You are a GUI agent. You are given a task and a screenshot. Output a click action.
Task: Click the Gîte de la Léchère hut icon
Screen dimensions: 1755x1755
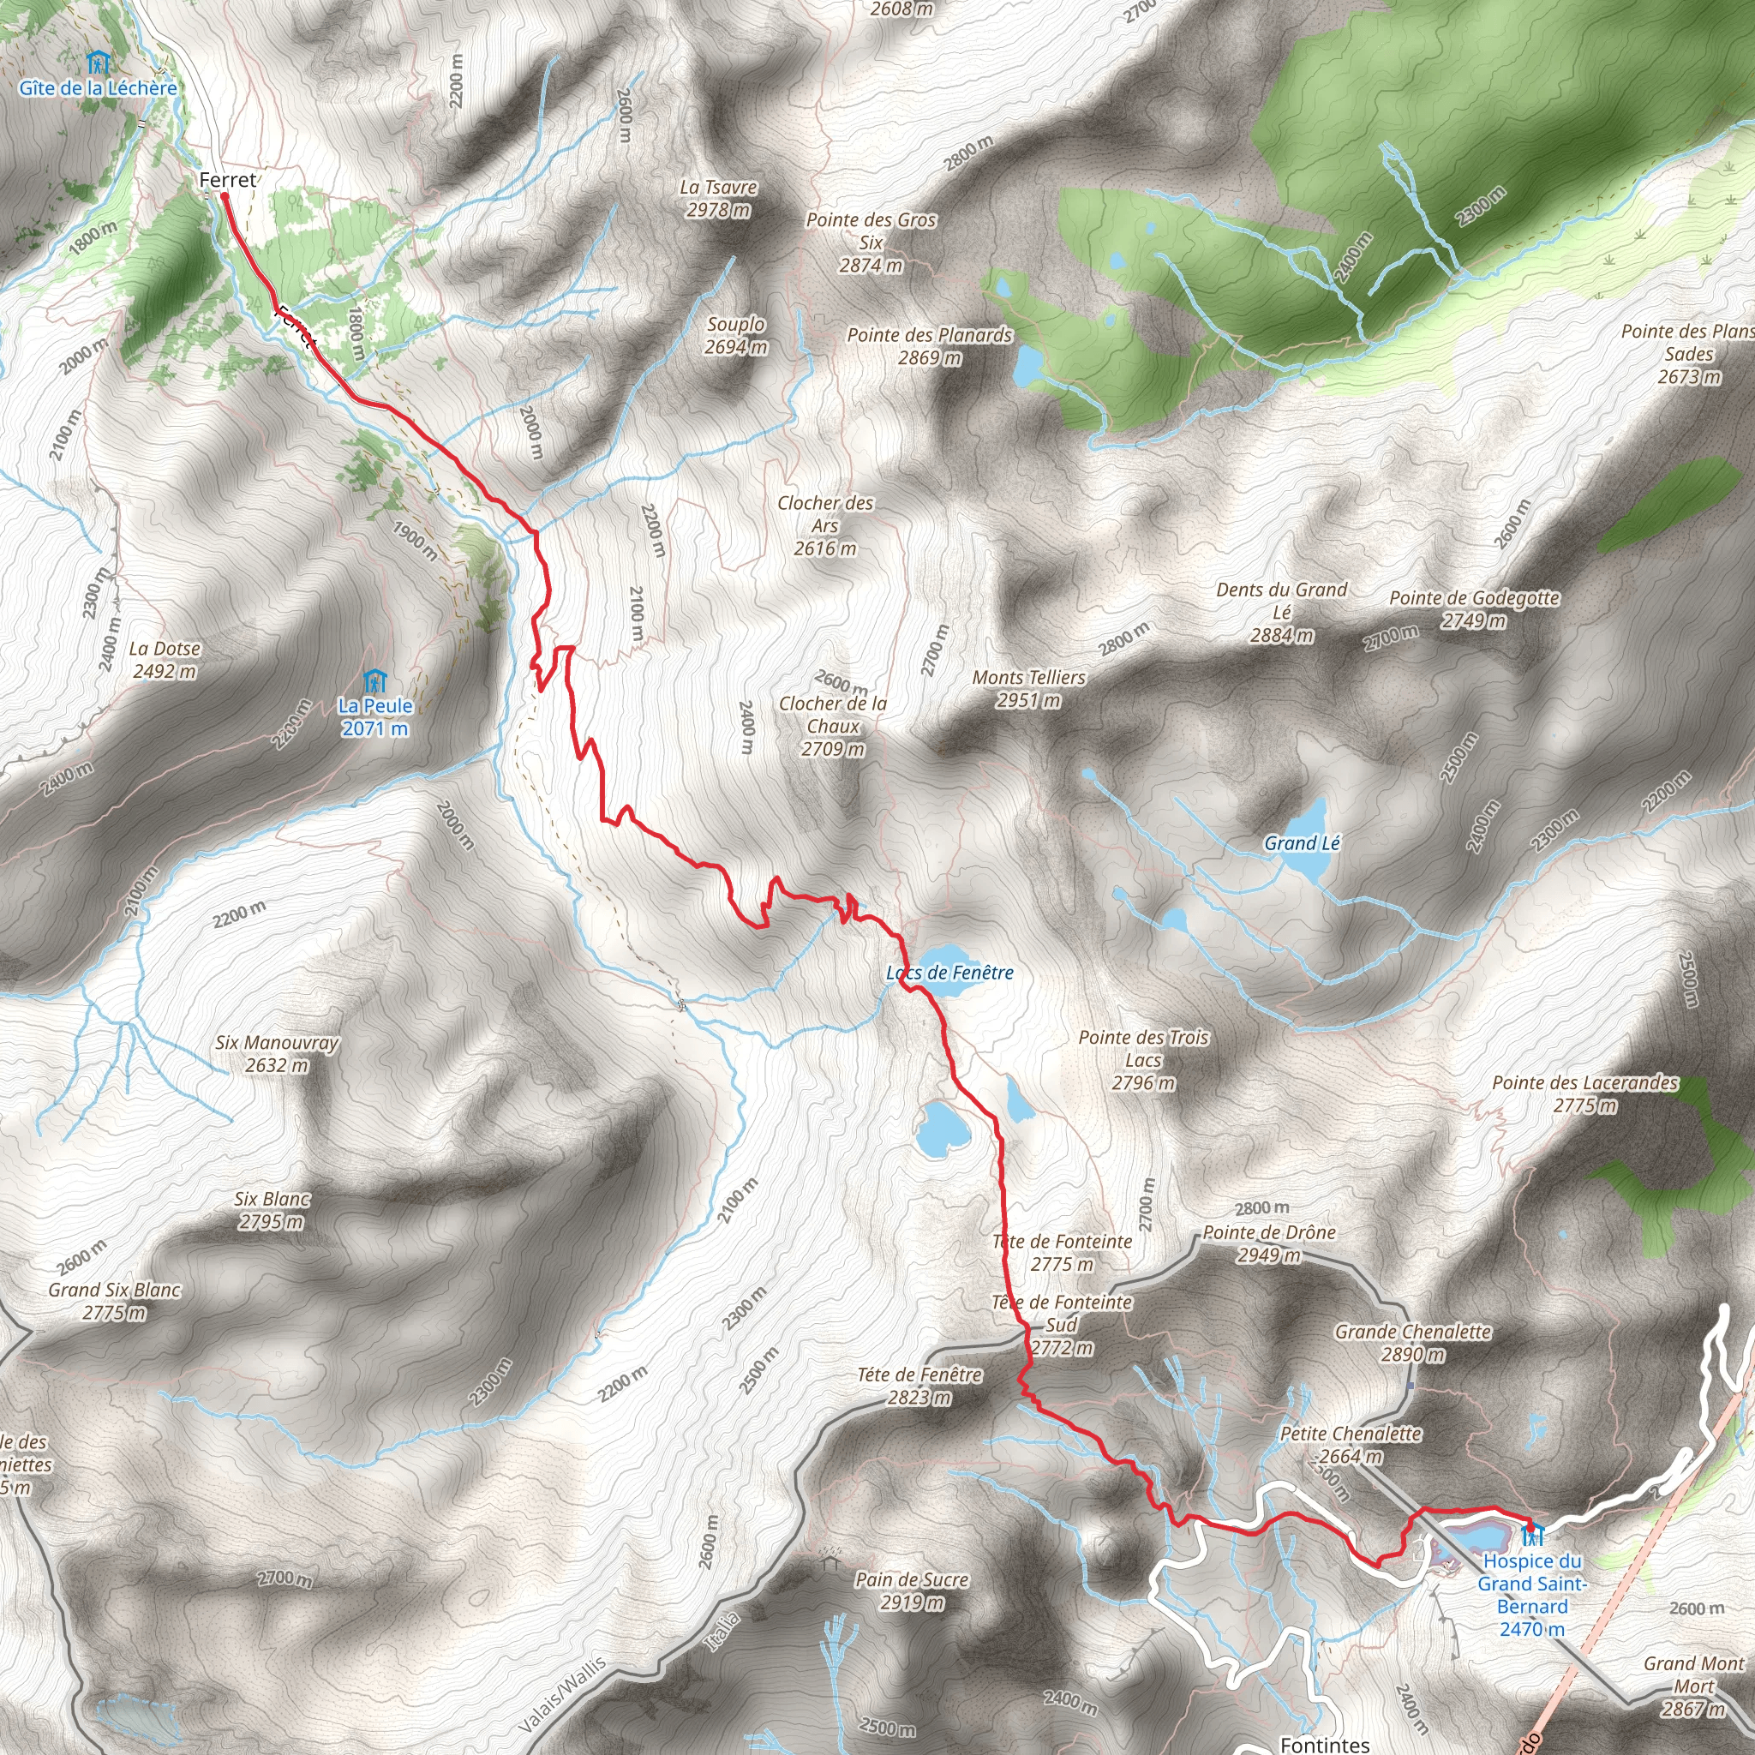click(98, 63)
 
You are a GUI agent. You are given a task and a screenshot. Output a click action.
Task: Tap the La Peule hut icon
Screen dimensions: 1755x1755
click(374, 681)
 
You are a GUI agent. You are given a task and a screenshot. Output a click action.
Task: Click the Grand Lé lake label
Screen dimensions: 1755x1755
click(1302, 843)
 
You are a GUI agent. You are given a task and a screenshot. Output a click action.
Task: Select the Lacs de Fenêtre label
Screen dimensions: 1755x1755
click(950, 973)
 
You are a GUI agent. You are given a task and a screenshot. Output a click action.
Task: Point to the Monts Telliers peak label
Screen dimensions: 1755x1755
click(1028, 689)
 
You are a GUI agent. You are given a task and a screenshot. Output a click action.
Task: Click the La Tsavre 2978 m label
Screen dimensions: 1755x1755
click(718, 198)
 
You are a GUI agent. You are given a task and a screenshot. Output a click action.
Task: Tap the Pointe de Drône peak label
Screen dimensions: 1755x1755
click(1269, 1243)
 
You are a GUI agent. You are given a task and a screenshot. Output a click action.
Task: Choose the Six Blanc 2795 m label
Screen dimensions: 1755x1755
click(272, 1210)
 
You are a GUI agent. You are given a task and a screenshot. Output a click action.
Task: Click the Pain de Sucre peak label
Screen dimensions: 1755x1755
click(912, 1590)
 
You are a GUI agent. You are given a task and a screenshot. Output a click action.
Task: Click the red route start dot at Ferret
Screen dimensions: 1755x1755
click(225, 195)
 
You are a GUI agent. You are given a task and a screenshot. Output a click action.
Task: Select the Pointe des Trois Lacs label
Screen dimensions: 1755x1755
click(1144, 1060)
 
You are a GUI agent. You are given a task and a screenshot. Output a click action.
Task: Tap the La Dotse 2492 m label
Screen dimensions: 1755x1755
click(165, 660)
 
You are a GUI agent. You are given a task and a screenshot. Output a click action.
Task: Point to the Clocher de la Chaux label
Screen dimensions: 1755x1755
click(833, 726)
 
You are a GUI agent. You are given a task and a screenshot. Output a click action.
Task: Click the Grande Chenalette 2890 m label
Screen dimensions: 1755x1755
click(1412, 1343)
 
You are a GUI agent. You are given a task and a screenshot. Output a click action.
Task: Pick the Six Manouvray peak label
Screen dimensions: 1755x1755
click(276, 1054)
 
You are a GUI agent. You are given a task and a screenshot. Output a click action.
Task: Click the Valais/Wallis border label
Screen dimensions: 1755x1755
click(563, 1695)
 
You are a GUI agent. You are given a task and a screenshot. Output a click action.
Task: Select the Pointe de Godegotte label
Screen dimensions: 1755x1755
click(1474, 608)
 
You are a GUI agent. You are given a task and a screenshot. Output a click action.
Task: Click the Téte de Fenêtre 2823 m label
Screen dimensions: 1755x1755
click(919, 1386)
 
